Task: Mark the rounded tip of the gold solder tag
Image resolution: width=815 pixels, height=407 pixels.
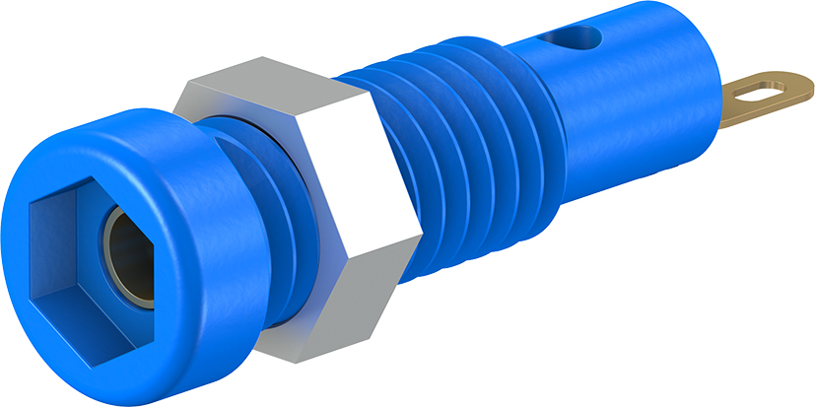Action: click(x=800, y=84)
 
